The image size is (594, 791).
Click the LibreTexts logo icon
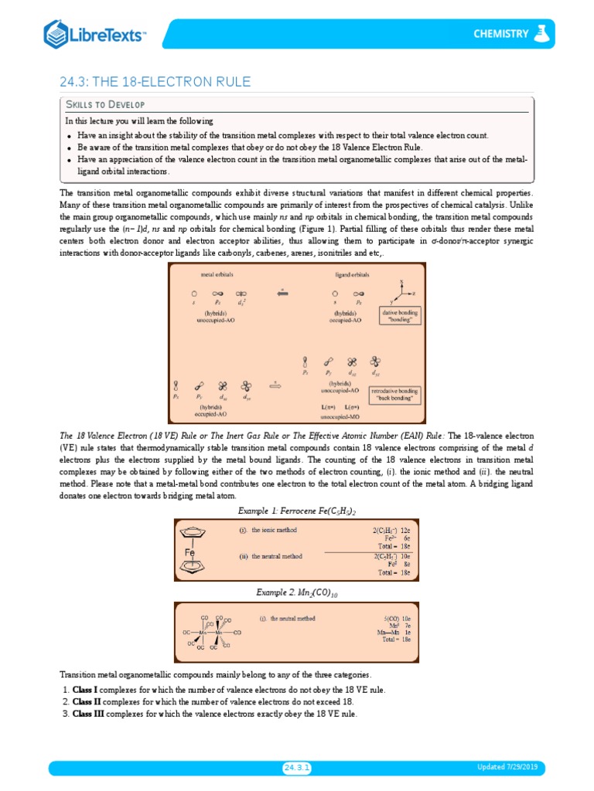point(57,34)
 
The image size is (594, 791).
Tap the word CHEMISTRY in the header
point(501,33)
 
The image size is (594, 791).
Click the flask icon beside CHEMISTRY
point(543,33)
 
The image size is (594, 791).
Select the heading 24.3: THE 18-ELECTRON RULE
point(155,82)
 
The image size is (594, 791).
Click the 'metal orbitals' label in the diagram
point(217,274)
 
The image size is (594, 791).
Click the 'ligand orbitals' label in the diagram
point(352,274)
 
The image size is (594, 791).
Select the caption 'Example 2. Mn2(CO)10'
point(296,592)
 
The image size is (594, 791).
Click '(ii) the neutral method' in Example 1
point(272,556)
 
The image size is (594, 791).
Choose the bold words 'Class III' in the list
point(89,715)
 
